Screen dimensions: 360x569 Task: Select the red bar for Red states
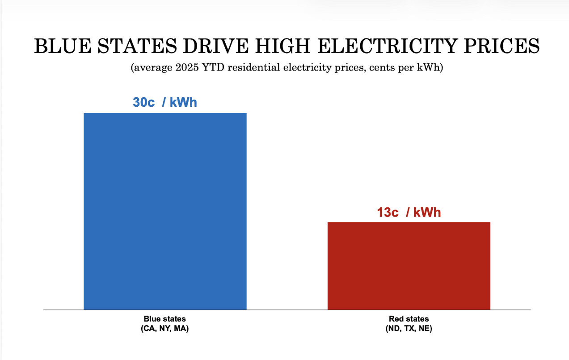pyautogui.click(x=409, y=265)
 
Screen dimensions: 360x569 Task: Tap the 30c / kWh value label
pyautogui.click(x=165, y=102)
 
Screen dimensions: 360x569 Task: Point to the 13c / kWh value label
pyautogui.click(x=409, y=212)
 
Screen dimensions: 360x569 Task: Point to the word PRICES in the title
pyautogui.click(x=500, y=46)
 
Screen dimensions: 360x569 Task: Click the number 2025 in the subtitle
pyautogui.click(x=185, y=68)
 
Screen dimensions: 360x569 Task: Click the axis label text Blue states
pyautogui.click(x=164, y=319)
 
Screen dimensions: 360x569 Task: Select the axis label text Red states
pyautogui.click(x=409, y=319)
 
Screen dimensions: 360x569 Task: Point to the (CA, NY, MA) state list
pyautogui.click(x=164, y=329)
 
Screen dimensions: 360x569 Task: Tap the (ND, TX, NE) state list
pyautogui.click(x=409, y=329)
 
